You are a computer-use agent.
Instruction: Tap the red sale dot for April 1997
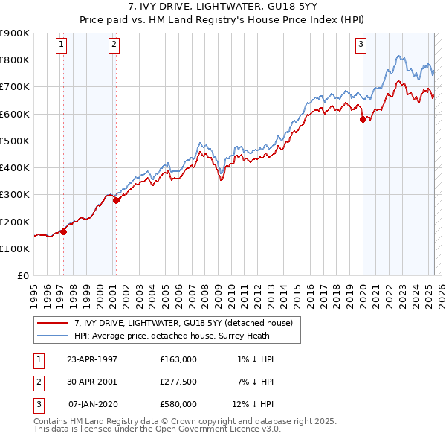point(64,231)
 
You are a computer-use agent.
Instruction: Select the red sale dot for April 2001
point(116,200)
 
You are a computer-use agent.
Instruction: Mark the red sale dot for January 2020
point(363,119)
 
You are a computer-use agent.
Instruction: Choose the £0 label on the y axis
point(22,275)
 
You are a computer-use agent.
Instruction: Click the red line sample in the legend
point(52,323)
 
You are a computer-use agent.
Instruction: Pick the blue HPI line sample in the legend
point(52,336)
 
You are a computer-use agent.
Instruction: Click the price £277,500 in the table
point(178,382)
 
